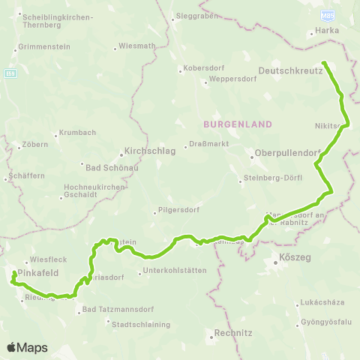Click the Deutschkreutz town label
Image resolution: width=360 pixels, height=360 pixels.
pyautogui.click(x=289, y=70)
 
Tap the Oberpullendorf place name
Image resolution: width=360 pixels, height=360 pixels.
pyautogui.click(x=287, y=152)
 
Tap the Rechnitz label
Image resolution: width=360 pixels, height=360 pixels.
pyautogui.click(x=232, y=332)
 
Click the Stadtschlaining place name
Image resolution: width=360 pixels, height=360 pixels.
pyautogui.click(x=140, y=325)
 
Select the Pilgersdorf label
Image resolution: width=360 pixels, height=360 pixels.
pyautogui.click(x=177, y=211)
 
